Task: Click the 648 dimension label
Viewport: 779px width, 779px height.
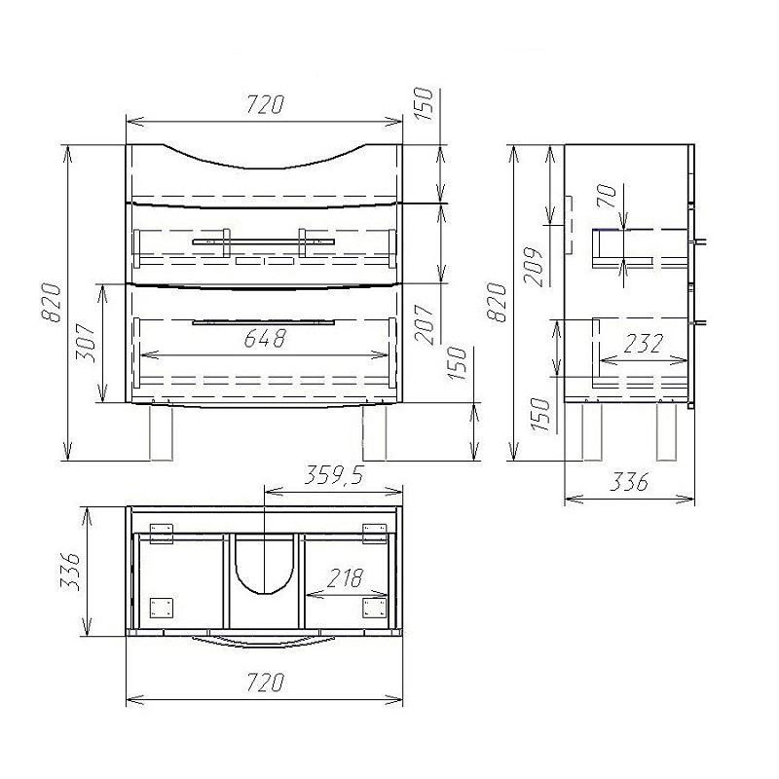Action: (x=265, y=338)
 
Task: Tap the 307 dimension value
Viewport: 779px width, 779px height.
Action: (x=86, y=343)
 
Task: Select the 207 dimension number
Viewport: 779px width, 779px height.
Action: (x=425, y=325)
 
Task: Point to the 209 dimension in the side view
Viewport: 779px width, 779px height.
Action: (x=535, y=266)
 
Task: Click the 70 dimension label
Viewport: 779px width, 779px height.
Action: (x=607, y=196)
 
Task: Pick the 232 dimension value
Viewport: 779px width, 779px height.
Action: (x=643, y=344)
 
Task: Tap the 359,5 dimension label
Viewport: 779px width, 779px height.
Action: (x=334, y=475)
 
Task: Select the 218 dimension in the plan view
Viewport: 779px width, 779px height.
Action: (x=345, y=577)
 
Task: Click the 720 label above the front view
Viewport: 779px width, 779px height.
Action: (x=265, y=105)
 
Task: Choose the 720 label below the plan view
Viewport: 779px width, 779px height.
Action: (x=265, y=682)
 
